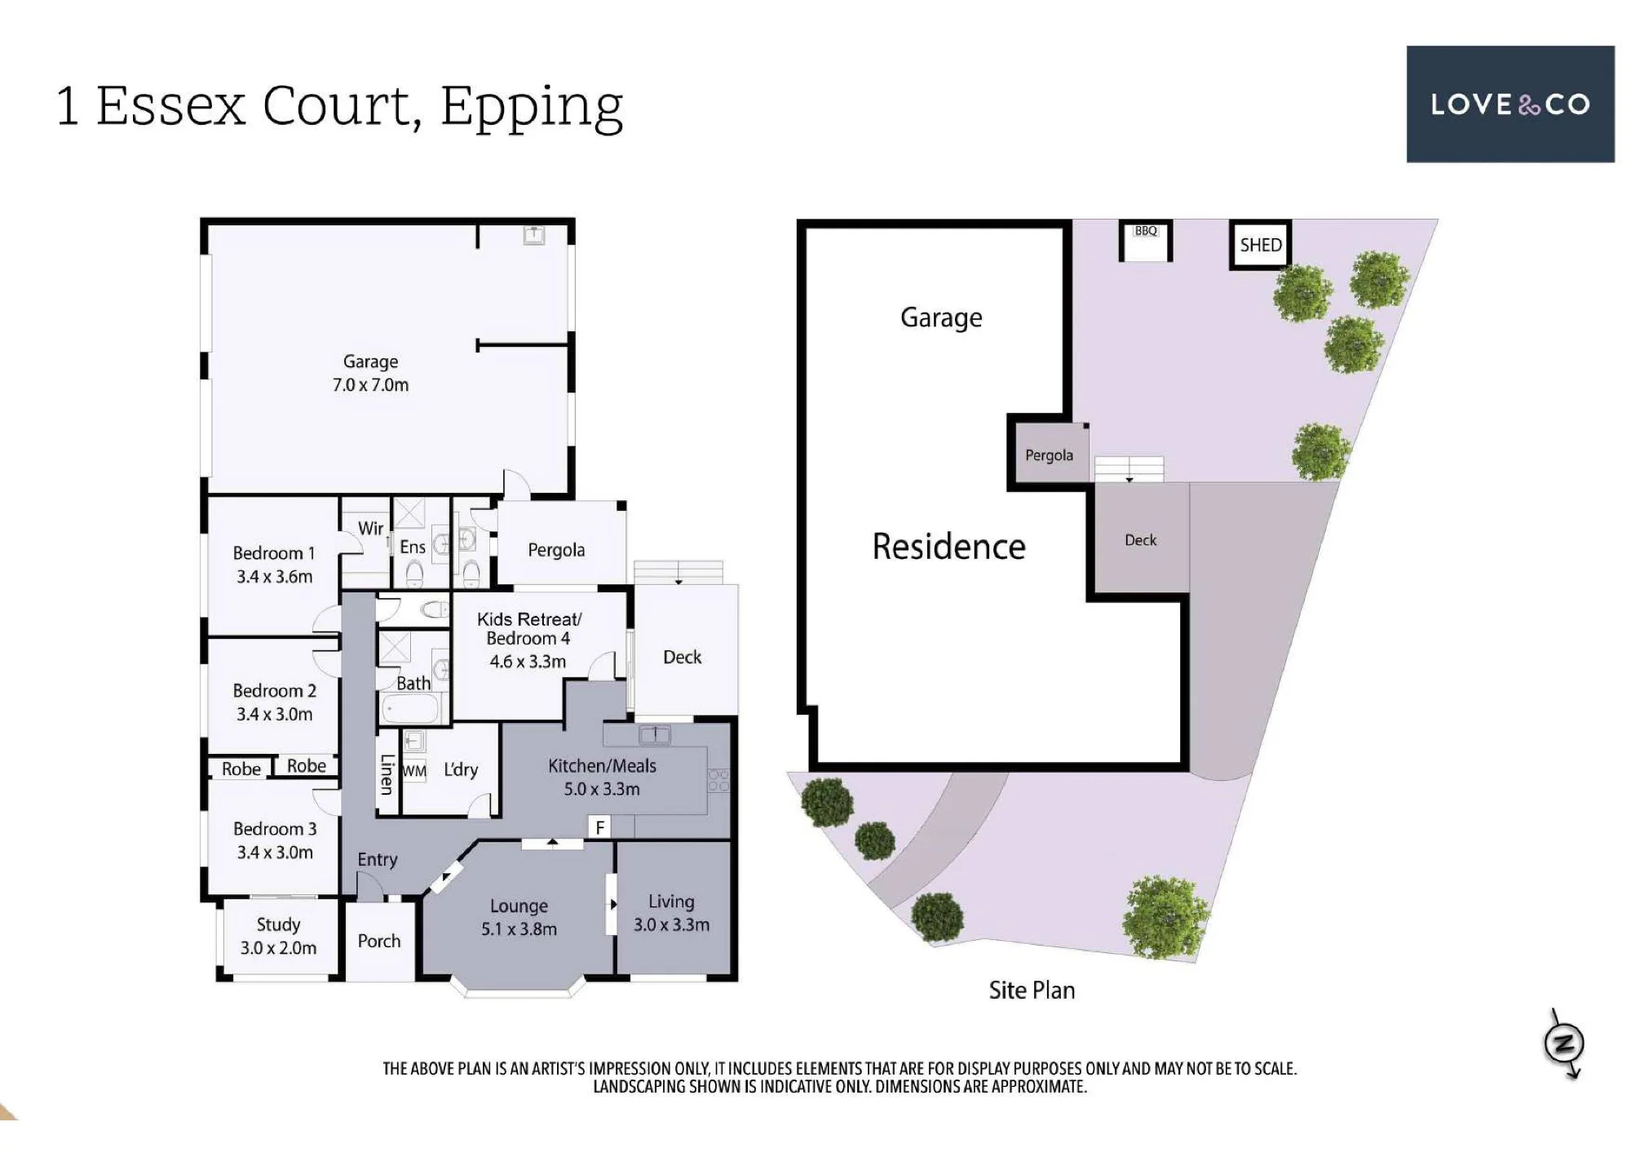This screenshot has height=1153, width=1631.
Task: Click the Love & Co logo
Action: tap(1510, 104)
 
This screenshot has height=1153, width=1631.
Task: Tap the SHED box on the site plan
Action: tap(1260, 244)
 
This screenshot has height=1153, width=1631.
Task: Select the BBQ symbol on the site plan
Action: tap(1146, 241)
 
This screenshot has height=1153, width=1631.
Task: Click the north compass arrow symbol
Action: tap(1565, 1044)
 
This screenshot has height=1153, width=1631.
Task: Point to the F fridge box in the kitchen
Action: tap(600, 827)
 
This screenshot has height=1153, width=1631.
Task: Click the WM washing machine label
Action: tap(414, 770)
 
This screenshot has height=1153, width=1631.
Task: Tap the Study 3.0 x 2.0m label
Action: tap(278, 936)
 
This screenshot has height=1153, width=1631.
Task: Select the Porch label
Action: tap(379, 941)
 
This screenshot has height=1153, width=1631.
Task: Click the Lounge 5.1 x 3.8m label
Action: tap(519, 917)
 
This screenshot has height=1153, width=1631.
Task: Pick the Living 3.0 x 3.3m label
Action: tap(671, 913)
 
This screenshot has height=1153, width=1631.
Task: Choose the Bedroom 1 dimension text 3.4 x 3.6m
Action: tap(275, 576)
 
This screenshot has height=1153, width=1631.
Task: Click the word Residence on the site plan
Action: tap(948, 547)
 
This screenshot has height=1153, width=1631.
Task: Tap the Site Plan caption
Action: tap(1032, 990)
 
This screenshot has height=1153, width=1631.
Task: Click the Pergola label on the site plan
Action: tap(1049, 455)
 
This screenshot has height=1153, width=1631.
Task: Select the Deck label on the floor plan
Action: tap(682, 657)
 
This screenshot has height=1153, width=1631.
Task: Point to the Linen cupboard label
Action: tap(387, 774)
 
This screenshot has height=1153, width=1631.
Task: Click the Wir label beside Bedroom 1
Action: tap(370, 528)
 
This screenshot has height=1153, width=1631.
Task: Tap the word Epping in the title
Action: tap(532, 108)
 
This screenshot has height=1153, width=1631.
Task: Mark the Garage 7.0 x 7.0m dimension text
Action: tap(370, 384)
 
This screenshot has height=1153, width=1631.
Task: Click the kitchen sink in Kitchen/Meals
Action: tap(654, 734)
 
